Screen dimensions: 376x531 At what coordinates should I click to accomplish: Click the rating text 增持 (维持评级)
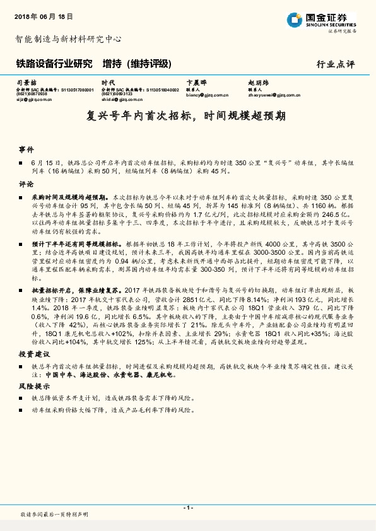tap(137, 64)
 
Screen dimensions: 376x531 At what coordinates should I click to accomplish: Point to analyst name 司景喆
tap(25, 83)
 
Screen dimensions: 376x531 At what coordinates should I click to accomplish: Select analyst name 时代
tap(108, 83)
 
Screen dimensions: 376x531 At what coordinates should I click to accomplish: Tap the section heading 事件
tap(26, 150)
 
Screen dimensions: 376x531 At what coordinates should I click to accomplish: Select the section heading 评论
tap(26, 185)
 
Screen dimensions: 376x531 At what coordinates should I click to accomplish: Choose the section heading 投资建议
tap(30, 354)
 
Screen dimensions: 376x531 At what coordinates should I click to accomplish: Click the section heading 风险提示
tap(30, 386)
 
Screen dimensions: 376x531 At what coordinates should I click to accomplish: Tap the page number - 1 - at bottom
tap(187, 508)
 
